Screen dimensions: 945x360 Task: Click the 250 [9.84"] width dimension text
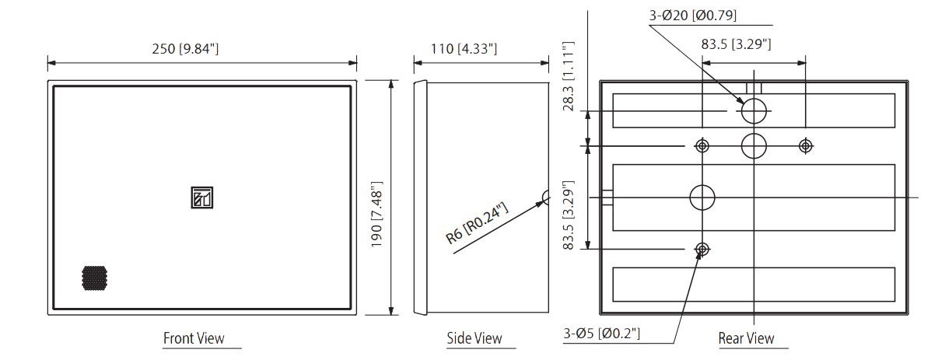[x=185, y=49]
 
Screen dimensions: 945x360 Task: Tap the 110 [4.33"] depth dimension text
[x=464, y=49]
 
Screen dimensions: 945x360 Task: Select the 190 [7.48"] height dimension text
[x=376, y=215]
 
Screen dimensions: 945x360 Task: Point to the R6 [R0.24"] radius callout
[x=477, y=223]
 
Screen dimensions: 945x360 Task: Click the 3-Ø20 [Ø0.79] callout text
[x=693, y=16]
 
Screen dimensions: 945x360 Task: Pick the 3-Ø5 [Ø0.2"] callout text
[x=601, y=334]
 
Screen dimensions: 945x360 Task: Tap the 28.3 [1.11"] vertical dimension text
[x=569, y=76]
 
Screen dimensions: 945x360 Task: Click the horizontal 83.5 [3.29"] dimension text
[x=737, y=44]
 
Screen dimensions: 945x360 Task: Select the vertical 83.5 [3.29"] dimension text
[x=569, y=215]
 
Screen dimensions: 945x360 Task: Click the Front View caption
[x=194, y=338]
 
